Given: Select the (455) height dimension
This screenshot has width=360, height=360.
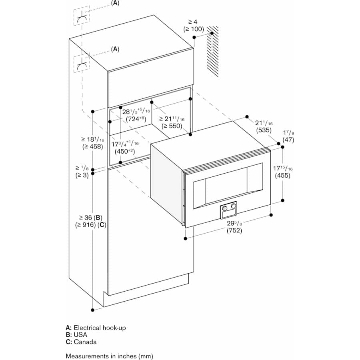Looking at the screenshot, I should click(282, 175).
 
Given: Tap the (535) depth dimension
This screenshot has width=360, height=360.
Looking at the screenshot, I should click(265, 130).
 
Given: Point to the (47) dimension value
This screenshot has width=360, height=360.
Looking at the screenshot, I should click(288, 140).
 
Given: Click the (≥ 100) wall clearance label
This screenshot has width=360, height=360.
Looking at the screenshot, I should click(194, 29).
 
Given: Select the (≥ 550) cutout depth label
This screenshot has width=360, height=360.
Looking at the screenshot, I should click(172, 126).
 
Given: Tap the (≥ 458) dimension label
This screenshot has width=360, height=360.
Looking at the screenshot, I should click(92, 146).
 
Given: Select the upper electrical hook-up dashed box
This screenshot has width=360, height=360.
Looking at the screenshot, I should click(82, 17).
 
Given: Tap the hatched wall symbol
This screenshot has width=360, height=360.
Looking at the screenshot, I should click(212, 51).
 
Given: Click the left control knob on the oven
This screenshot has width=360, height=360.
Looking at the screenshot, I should click(225, 208).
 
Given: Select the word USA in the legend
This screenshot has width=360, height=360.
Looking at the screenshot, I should click(80, 335).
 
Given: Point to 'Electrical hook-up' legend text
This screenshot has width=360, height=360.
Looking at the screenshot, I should click(100, 328).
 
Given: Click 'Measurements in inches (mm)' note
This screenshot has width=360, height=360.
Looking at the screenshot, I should click(109, 356).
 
